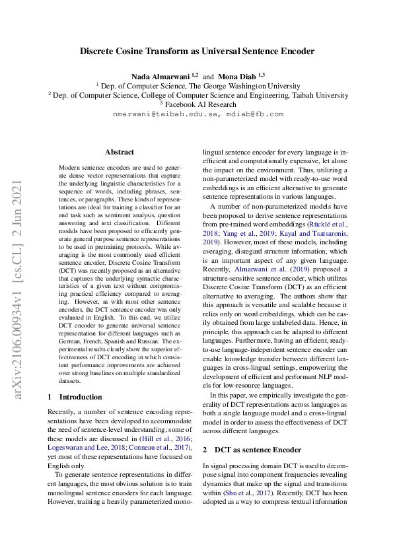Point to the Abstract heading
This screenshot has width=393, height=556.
click(x=119, y=152)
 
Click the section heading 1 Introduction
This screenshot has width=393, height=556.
click(x=76, y=397)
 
